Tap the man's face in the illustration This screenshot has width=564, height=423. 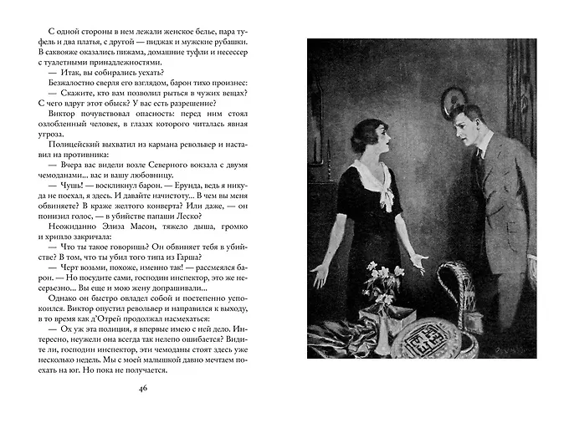coord(469,125)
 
